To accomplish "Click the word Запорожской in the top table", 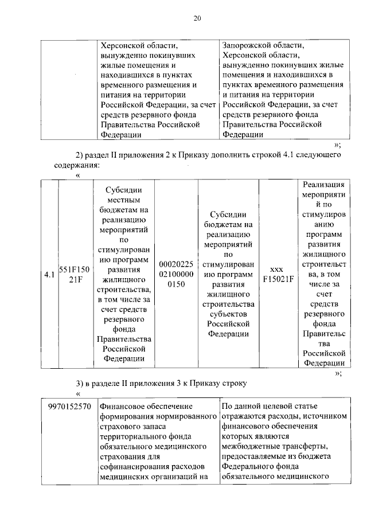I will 245,45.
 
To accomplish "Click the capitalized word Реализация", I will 324,184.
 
